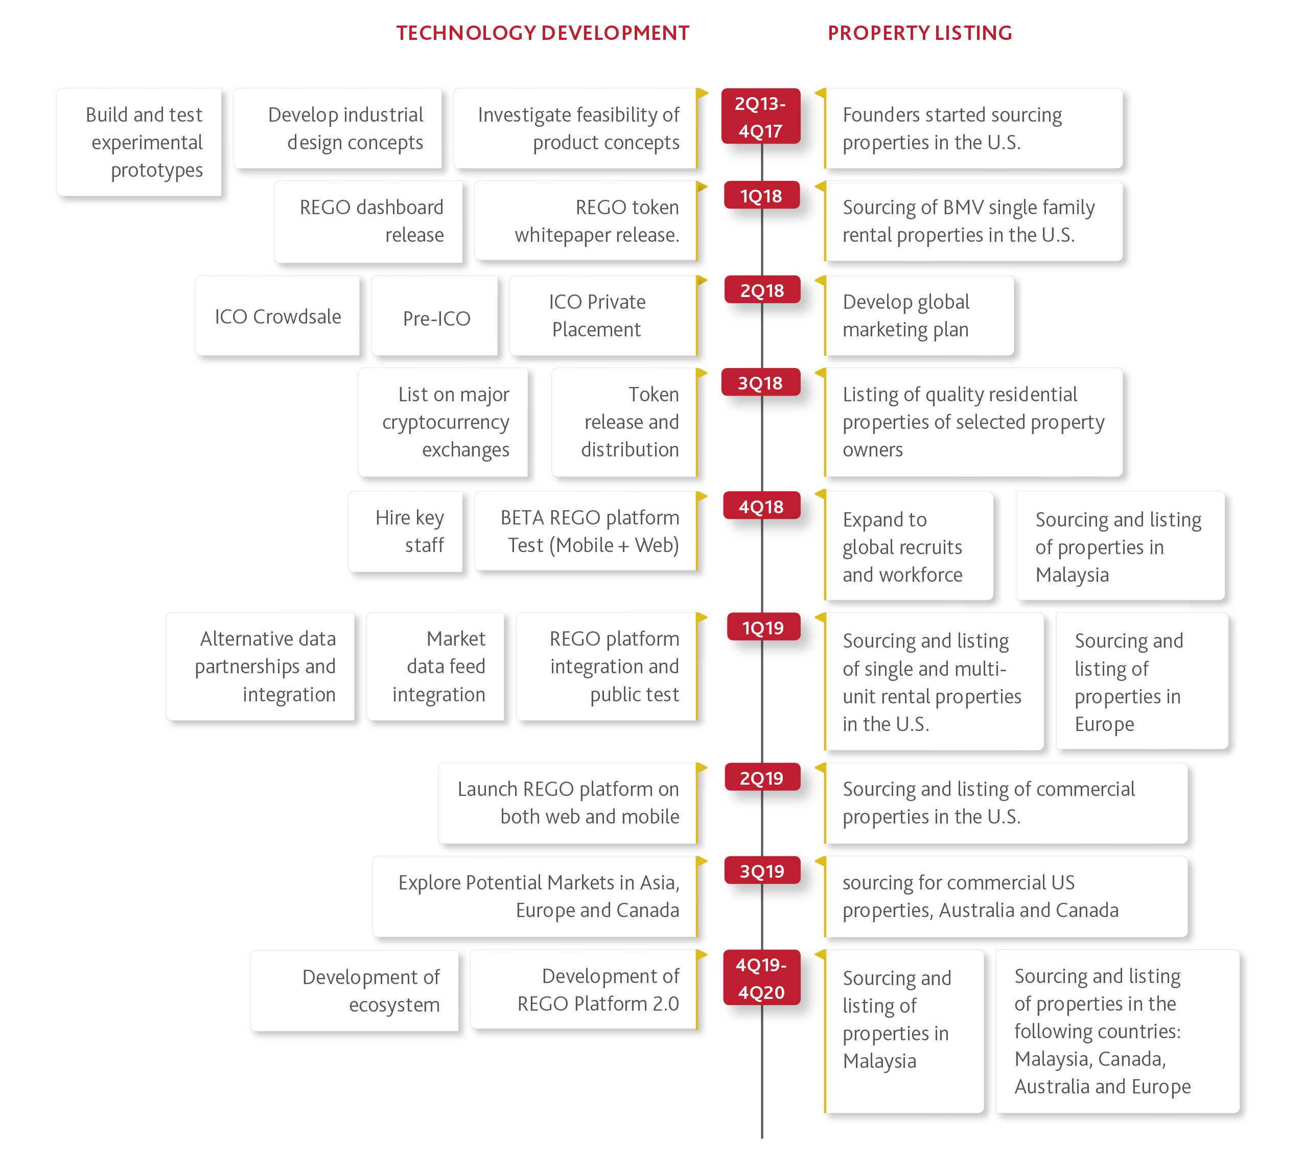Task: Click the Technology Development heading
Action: pos(542,33)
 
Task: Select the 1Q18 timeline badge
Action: pos(761,196)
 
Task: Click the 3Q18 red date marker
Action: pos(760,382)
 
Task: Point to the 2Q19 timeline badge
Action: pos(761,778)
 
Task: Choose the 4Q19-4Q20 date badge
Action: pos(761,978)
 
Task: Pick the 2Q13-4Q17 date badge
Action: pos(760,117)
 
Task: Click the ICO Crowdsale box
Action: pos(277,316)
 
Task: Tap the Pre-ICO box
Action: pos(435,316)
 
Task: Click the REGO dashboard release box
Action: pos(369,222)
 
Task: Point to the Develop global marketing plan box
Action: pos(919,316)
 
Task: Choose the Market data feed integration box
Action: pos(435,667)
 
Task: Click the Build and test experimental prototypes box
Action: pos(139,142)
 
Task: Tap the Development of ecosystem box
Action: pos(355,991)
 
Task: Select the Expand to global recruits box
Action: pos(909,545)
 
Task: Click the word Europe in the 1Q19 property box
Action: pos(1104,724)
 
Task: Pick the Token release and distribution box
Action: pos(624,422)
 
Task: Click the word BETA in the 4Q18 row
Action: pos(522,517)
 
